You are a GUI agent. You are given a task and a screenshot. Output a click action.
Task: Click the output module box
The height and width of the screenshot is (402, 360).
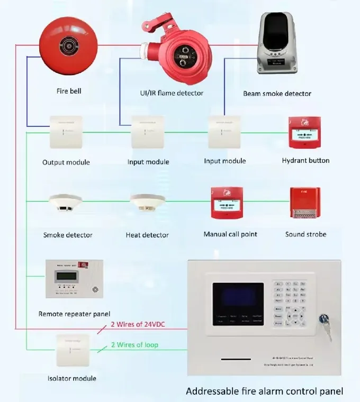tap(66, 132)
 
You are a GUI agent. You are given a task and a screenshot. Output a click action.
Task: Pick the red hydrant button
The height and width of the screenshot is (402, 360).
tap(305, 132)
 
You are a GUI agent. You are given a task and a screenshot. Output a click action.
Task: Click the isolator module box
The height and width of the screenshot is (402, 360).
tap(71, 350)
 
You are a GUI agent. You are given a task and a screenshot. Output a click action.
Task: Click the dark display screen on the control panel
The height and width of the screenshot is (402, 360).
tap(238, 299)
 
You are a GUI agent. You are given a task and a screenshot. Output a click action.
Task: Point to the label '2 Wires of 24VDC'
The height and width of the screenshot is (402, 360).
tap(137, 325)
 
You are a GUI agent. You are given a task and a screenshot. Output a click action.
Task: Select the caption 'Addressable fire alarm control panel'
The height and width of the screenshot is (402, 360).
tap(264, 391)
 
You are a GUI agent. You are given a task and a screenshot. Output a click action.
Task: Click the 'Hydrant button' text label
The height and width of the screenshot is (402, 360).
tap(305, 160)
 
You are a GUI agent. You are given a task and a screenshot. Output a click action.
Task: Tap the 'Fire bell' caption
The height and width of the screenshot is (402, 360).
tap(69, 91)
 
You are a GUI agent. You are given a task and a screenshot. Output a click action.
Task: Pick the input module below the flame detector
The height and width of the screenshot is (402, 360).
tap(148, 132)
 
